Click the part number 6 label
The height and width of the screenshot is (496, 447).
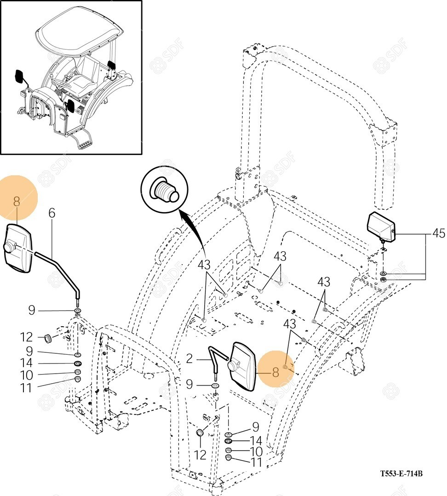52,213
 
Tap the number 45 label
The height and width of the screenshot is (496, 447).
438,234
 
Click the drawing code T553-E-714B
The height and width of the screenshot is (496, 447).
401,473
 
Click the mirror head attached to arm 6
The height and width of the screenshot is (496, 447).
17,248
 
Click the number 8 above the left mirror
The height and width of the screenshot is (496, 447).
17,201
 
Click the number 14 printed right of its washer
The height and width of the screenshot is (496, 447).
256,441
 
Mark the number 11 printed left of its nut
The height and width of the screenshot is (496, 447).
26,388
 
